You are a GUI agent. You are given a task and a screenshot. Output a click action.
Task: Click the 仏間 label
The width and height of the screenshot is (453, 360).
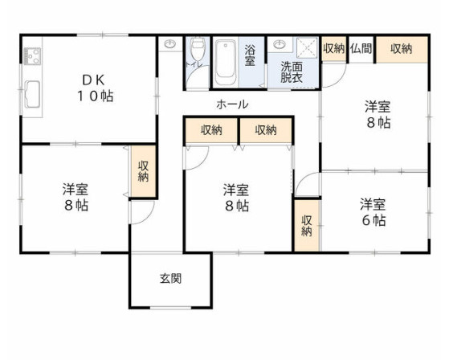pos(361,48)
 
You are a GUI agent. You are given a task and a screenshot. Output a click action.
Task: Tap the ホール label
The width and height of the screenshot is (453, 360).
pos(231,104)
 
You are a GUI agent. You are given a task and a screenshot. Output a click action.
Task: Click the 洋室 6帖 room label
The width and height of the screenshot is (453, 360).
pos(373,211)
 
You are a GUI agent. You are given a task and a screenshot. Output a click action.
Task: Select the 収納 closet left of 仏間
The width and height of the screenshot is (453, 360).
pos(333,48)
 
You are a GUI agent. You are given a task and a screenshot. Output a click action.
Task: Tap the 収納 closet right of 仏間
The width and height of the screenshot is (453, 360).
pos(402,48)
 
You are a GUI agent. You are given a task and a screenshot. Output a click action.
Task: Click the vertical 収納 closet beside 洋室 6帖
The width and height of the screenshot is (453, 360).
pos(307,225)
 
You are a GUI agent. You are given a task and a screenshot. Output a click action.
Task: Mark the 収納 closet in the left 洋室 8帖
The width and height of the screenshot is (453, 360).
pos(143,172)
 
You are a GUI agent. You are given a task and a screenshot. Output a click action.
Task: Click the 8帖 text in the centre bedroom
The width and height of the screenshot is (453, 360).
pos(238,205)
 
